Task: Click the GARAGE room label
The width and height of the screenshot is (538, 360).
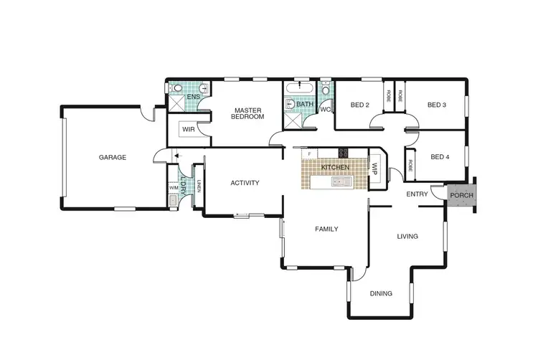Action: pos(113,157)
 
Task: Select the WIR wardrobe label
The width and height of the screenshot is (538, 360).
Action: pos(188,130)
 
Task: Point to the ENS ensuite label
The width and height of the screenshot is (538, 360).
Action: pos(193,96)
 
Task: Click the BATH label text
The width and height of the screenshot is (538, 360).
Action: pos(305,105)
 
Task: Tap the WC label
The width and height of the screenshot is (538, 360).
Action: pos(324,110)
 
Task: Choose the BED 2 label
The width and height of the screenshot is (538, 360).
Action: pos(359,105)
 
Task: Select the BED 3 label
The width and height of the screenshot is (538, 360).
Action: pos(437,105)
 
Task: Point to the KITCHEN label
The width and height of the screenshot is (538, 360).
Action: pos(335,167)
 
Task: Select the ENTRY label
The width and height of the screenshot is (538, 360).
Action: pos(417,194)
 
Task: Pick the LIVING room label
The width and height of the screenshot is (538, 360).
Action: pos(407,236)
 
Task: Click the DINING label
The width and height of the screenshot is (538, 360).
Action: pos(381,293)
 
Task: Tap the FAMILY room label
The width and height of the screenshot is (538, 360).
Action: pos(326,229)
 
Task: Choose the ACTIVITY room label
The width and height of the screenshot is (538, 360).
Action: pos(245,183)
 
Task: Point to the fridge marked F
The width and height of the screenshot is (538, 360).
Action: pos(309,153)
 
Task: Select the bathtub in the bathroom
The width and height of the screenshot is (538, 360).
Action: pos(295,90)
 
